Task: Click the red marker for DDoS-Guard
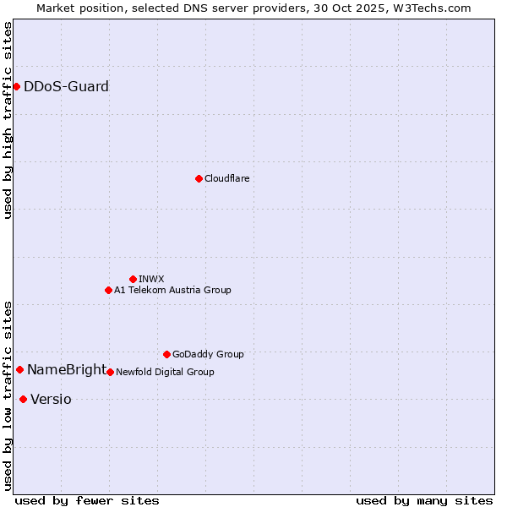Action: [16, 86]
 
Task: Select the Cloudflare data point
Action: [199, 178]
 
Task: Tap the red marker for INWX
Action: [133, 279]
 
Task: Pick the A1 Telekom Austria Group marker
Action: [108, 290]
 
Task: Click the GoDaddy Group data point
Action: [166, 354]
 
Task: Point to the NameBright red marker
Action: [19, 369]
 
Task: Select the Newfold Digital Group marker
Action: [110, 372]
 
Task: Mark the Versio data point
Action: [23, 399]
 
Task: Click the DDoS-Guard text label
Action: [66, 86]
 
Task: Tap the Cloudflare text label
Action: [226, 178]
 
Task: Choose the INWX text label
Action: [151, 279]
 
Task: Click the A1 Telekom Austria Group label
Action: [172, 290]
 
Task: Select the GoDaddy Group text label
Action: [208, 354]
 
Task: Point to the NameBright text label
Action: [67, 369]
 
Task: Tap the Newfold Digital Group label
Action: [165, 372]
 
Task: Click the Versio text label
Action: [51, 399]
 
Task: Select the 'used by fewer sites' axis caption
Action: [87, 500]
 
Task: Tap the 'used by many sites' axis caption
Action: [424, 500]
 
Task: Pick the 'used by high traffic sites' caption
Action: [8, 120]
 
